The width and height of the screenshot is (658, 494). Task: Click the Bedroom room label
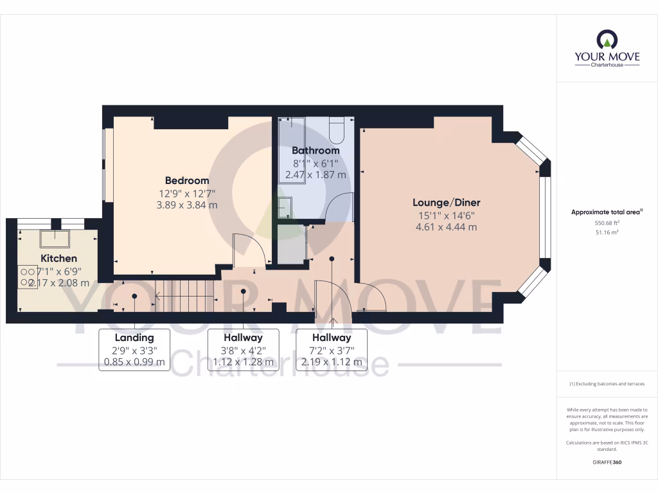tap(187, 181)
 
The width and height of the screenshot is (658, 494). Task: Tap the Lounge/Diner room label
tap(447, 202)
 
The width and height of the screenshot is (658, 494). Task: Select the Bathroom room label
tap(316, 151)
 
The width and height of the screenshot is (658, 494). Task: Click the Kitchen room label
tap(58, 259)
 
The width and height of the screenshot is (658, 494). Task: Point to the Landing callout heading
tap(134, 338)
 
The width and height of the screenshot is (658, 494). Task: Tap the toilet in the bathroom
tap(337, 131)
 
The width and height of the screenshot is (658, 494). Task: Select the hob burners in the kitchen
tap(27, 277)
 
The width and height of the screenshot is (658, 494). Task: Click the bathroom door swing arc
tap(339, 206)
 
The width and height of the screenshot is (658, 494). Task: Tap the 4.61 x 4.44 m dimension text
tap(447, 226)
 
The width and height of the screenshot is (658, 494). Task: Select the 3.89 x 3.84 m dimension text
tap(187, 205)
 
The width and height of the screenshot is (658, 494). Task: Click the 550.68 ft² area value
tap(607, 223)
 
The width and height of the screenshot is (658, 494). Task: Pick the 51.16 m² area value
tap(607, 232)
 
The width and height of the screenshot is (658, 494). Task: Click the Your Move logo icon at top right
tap(607, 40)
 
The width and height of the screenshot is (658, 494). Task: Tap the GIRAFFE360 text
tap(607, 462)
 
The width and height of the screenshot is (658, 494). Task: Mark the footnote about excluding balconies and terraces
tap(607, 384)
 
